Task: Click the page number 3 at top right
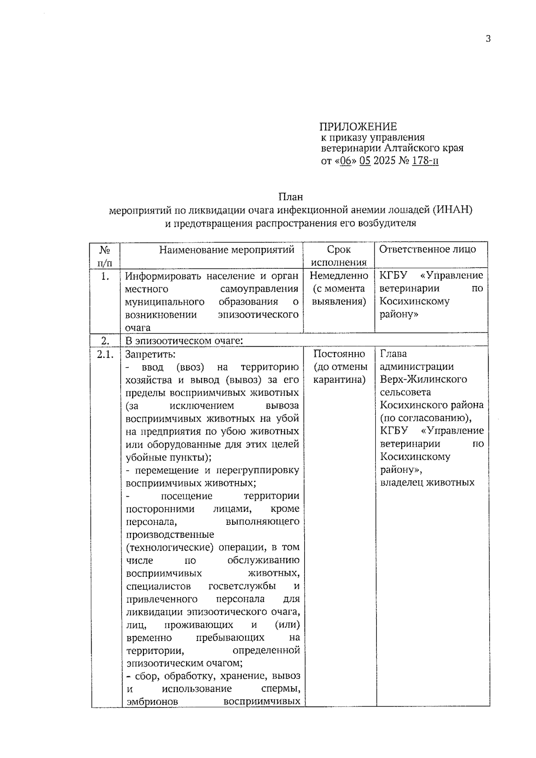(x=488, y=39)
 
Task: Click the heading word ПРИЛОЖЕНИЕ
(x=358, y=127)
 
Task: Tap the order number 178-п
(x=425, y=161)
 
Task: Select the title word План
(x=291, y=197)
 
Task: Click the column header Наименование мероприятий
(x=227, y=250)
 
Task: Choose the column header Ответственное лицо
(x=427, y=250)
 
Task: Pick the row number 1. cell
(x=105, y=276)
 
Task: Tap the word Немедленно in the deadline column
(x=339, y=276)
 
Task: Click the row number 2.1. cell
(x=105, y=354)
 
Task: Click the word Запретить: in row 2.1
(x=151, y=354)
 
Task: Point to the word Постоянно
(x=339, y=354)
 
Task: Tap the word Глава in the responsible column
(x=394, y=354)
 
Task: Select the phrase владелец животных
(x=427, y=483)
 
